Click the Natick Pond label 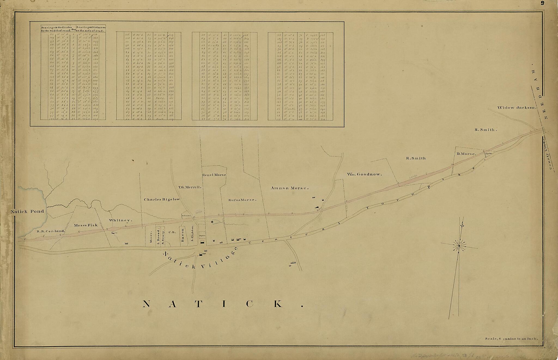(27, 211)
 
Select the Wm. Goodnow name (364, 174)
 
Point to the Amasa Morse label (289, 188)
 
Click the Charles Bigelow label (162, 199)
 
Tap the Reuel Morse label (214, 175)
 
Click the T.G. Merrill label (189, 187)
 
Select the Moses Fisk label (86, 225)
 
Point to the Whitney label (120, 220)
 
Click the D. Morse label (466, 154)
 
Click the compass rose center (459, 246)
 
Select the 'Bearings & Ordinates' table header (56, 29)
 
